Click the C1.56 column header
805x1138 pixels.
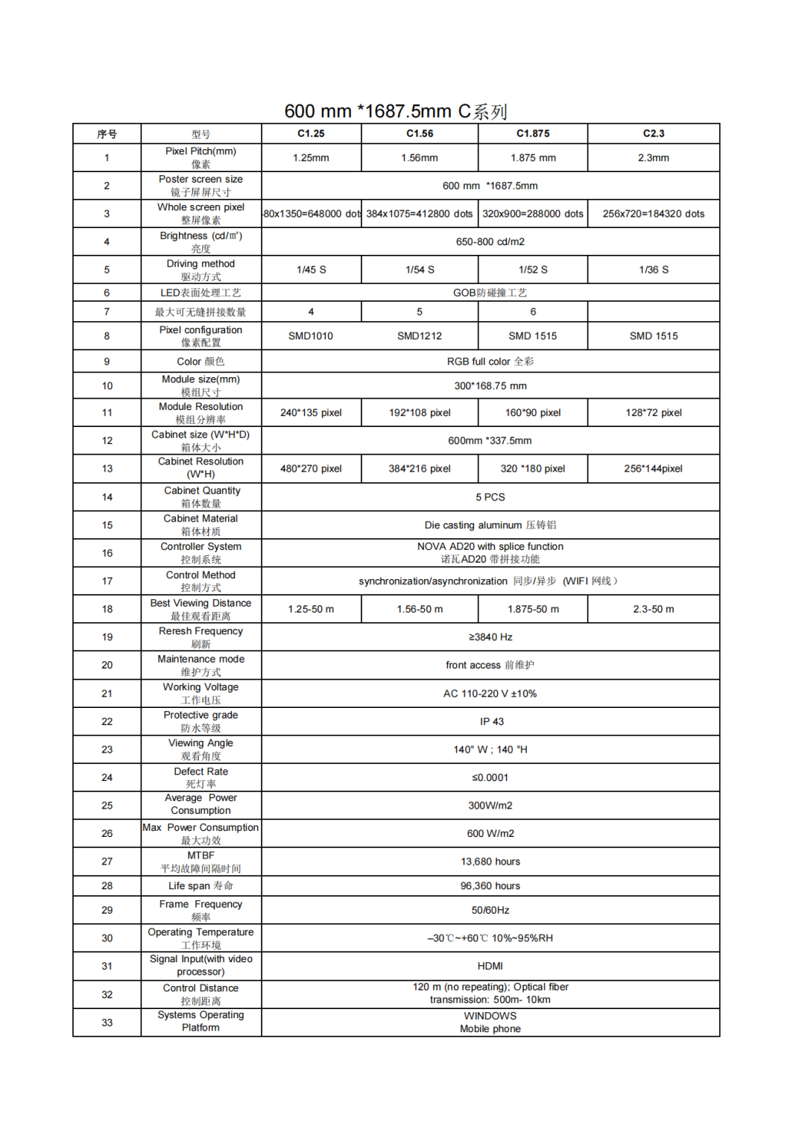point(420,133)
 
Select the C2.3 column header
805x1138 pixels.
point(654,133)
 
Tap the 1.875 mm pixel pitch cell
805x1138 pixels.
point(533,158)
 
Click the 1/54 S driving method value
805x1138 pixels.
point(420,270)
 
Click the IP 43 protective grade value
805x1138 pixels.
point(491,721)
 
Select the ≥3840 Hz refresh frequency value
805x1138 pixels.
point(490,637)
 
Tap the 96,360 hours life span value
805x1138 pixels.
point(490,886)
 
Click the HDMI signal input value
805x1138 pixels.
point(490,966)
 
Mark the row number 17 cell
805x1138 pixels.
point(107,581)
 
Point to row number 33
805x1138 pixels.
point(107,1022)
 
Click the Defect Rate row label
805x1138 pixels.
point(201,777)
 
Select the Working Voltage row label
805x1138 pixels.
point(201,693)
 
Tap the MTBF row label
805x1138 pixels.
point(201,862)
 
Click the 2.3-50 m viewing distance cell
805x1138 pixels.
point(654,609)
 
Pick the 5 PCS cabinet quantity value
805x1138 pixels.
point(490,497)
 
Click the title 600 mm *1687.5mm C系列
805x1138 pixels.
point(396,111)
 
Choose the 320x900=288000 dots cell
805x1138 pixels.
point(533,214)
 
